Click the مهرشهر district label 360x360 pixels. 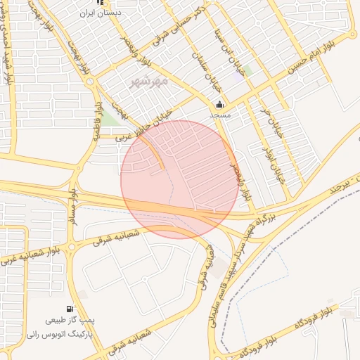[150, 83]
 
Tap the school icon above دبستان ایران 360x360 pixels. [108, 3]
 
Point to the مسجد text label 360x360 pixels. [219, 113]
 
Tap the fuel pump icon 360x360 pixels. [70, 309]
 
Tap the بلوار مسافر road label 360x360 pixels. [72, 205]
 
